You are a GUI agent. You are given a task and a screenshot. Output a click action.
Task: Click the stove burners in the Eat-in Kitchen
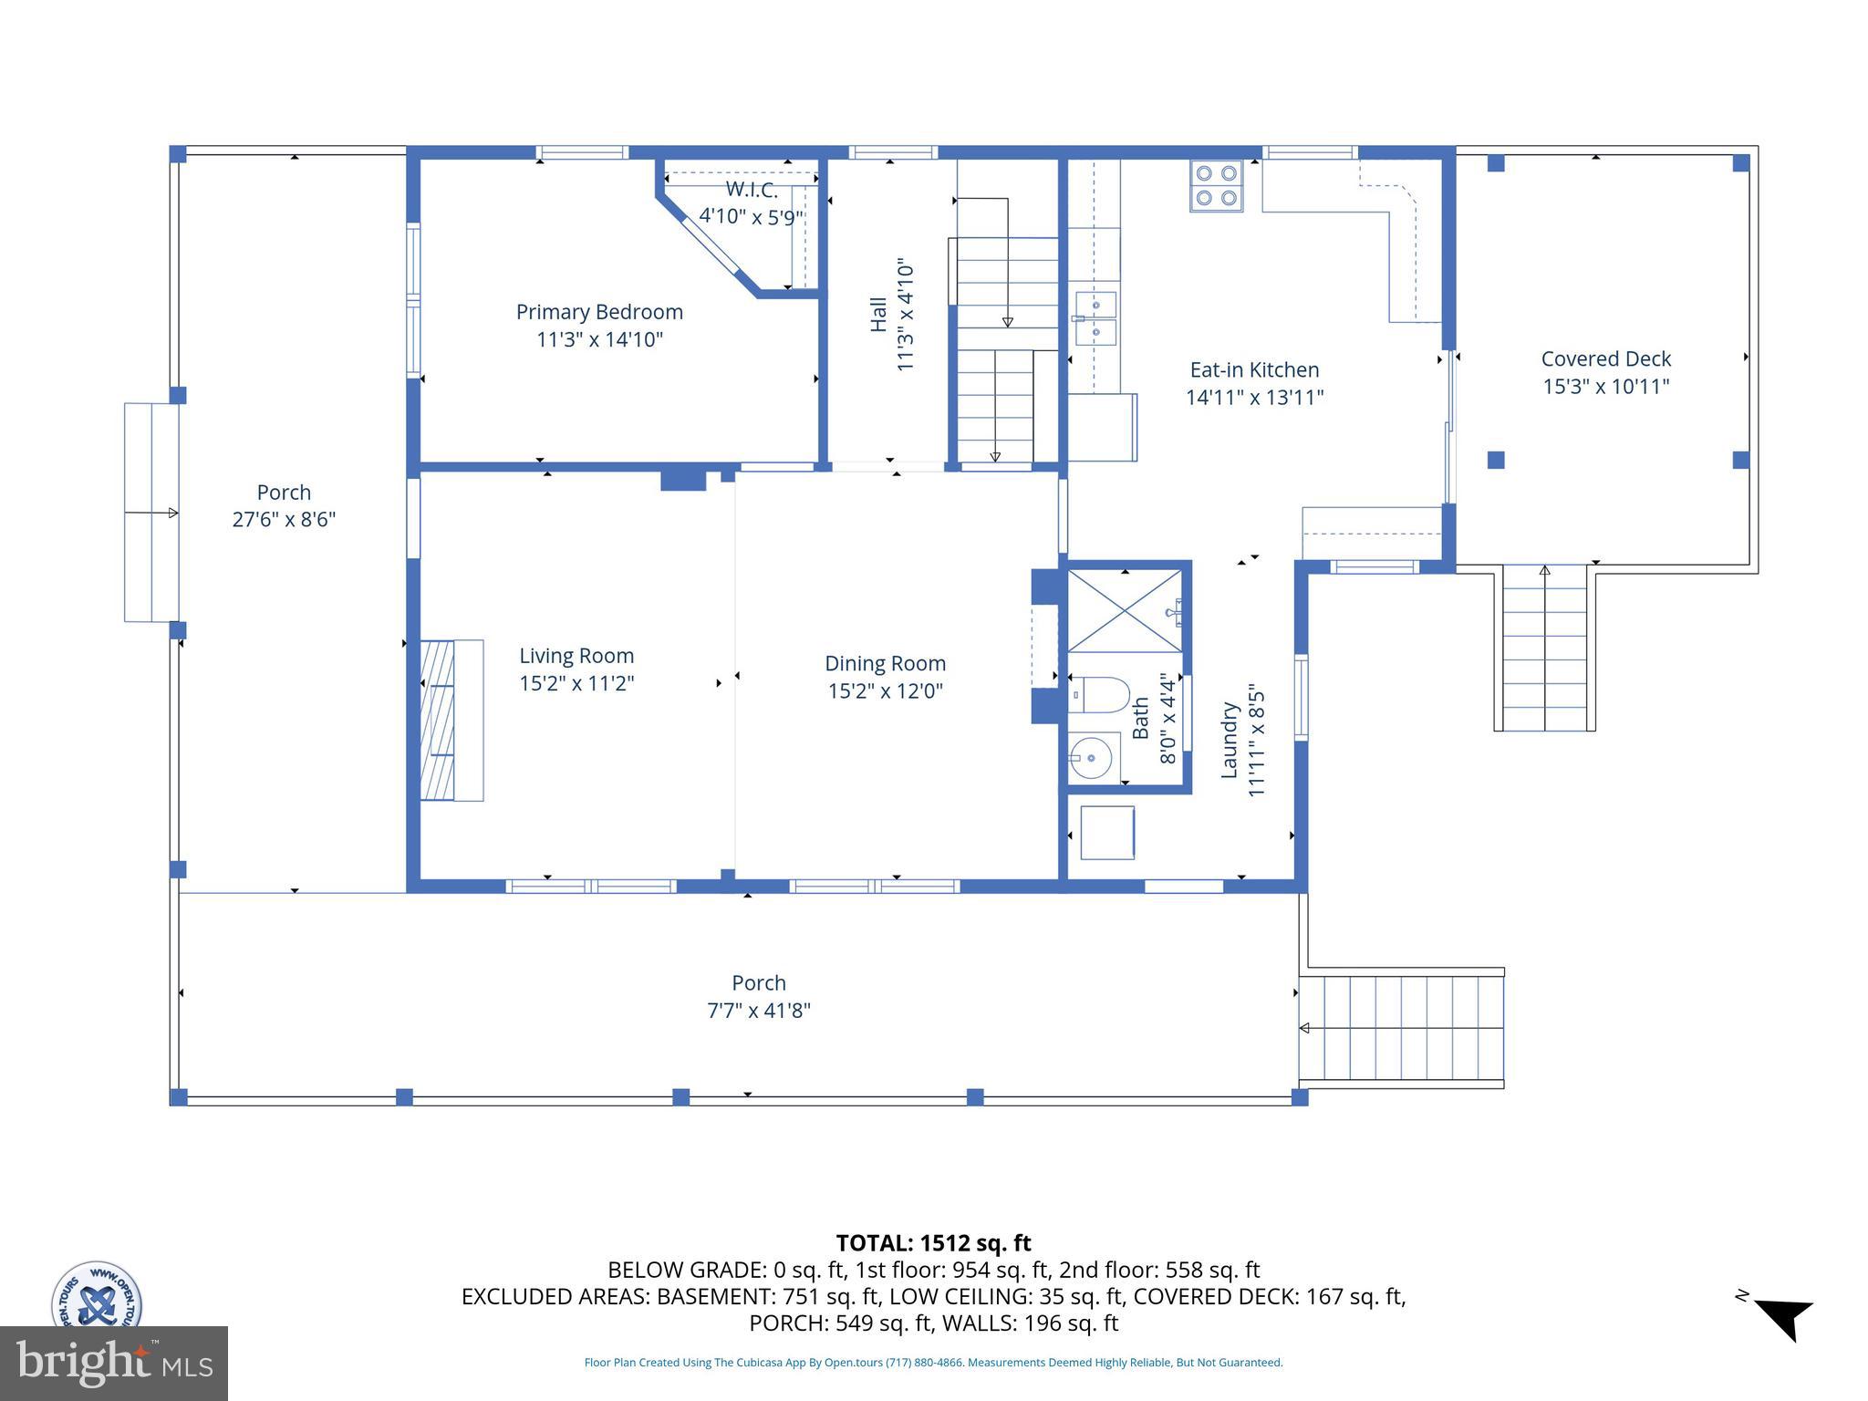1216,185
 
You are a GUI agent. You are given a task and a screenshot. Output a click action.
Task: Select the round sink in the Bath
1090,757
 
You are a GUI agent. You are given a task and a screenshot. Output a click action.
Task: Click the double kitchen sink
1095,317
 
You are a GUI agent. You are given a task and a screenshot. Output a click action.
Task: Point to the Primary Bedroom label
599,312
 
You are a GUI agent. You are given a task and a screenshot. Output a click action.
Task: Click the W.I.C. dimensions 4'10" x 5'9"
751,217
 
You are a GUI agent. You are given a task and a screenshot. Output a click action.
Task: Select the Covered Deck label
1605,358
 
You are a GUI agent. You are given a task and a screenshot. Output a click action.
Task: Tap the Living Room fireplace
451,720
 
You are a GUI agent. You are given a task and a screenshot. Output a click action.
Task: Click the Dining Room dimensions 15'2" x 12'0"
885,690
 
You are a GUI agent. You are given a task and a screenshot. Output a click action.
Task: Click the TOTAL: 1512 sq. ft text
933,1243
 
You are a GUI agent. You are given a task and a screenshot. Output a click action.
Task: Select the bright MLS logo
113,1363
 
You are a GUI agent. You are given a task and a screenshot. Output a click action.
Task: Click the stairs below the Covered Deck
1544,648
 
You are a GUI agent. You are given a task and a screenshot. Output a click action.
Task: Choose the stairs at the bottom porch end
1401,1028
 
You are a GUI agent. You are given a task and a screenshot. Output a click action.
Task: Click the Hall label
878,314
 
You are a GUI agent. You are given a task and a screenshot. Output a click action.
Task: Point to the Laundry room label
1229,740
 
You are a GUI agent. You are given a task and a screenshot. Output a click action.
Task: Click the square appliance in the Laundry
1106,832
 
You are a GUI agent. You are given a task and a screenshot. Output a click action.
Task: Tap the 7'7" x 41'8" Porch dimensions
759,1011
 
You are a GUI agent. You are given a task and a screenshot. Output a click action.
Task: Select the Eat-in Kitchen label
1254,369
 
